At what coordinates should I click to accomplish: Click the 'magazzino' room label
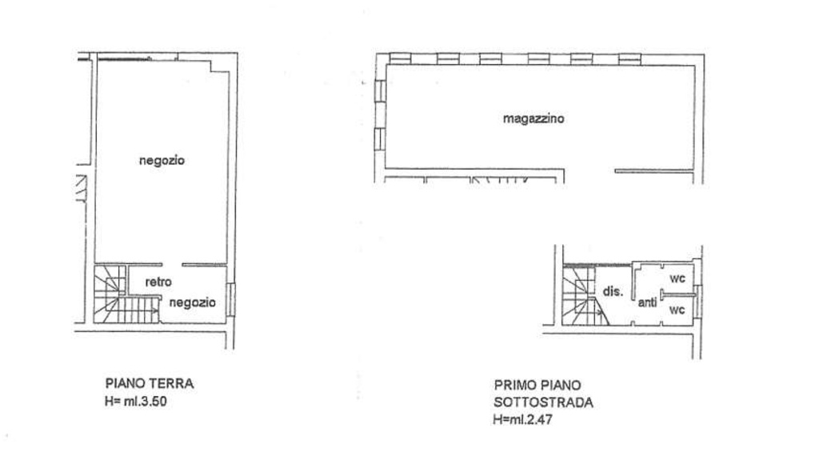click(533, 118)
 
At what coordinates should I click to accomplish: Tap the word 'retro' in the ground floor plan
click(158, 282)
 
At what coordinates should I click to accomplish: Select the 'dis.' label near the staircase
click(613, 291)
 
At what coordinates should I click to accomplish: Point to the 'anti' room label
click(647, 302)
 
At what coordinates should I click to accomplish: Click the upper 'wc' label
click(677, 278)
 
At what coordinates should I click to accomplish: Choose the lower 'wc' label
click(677, 309)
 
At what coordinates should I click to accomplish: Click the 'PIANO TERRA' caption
click(150, 383)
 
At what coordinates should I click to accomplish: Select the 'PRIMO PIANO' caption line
click(537, 384)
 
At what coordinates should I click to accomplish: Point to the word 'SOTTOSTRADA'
click(543, 402)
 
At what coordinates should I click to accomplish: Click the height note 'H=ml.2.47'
click(522, 420)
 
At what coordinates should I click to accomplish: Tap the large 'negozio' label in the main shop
click(162, 160)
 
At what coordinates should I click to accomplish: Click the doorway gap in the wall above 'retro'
click(173, 265)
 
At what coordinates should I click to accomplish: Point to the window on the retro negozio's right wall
click(230, 298)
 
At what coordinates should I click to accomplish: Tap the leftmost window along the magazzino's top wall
click(399, 58)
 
